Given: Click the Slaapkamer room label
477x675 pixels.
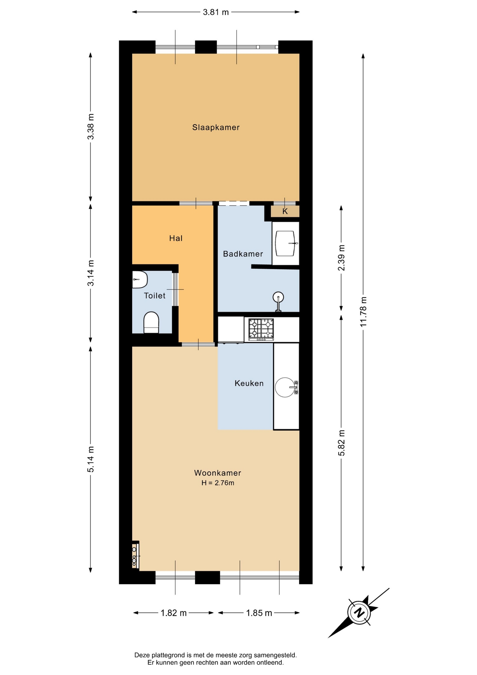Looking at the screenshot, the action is pos(216,127).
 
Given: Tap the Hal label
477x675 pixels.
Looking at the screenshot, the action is pos(176,238).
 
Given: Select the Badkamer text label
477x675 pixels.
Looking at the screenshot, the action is pos(243,254).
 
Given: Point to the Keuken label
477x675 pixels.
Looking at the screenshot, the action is pos(249,383).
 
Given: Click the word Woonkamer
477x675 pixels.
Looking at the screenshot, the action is pos(217,473).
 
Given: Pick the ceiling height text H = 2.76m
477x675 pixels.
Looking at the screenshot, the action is pos(218,483).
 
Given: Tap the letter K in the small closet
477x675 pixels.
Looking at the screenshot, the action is pos(285,211).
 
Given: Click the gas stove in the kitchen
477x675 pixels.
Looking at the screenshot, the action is pos(261,329).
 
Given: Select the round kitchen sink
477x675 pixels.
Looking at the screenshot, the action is pos(285,387).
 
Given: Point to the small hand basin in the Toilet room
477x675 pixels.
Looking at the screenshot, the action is pos(139,279).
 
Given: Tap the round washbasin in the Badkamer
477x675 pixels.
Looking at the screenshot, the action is pos(278,297).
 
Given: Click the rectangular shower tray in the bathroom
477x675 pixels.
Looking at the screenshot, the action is pos(285,243).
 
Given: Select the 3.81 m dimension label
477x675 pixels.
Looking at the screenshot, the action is pos(216,12).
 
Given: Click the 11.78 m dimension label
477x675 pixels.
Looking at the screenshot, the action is pos(363,311).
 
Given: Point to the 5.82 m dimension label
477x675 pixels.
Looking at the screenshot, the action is pos(341,443).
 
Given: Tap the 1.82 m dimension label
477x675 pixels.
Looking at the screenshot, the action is pos(174,613).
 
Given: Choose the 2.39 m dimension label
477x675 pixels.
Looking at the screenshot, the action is pos(341,258).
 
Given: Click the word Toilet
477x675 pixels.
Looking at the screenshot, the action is pos(155,296).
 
